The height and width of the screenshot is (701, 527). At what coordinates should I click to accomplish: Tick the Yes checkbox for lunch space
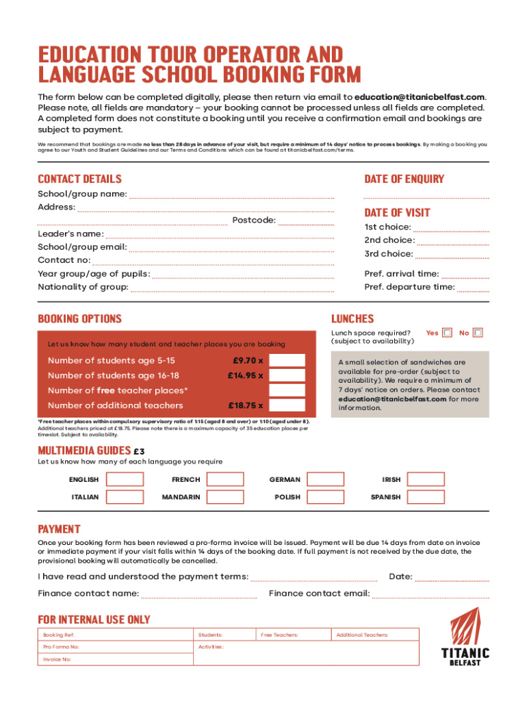(447, 333)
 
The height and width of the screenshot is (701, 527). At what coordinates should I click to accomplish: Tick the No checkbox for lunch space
(478, 333)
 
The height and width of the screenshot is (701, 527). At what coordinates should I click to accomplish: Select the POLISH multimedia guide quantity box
(325, 497)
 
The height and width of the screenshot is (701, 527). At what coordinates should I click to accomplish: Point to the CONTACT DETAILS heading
(79, 179)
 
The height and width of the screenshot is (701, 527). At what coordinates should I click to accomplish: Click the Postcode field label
(254, 220)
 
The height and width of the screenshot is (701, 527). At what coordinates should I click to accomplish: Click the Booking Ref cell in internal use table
(116, 635)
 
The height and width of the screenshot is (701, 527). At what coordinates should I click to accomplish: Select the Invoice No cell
(116, 659)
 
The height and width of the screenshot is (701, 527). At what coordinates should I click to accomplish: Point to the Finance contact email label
(320, 593)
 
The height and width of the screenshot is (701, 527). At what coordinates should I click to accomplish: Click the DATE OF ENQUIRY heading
(404, 179)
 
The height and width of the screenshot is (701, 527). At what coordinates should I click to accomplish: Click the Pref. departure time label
(409, 287)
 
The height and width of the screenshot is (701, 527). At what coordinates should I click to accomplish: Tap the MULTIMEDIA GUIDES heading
(84, 450)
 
